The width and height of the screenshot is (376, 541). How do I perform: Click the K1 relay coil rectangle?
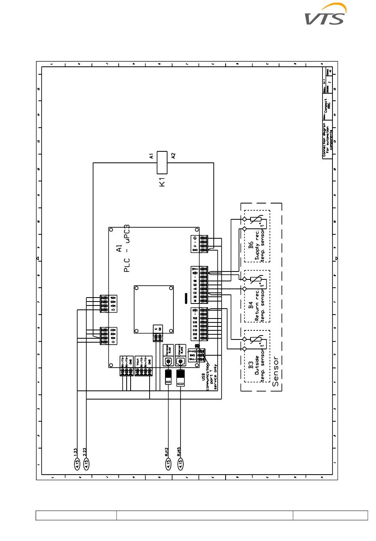pyautogui.click(x=162, y=162)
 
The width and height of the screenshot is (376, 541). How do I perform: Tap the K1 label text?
pyautogui.click(x=162, y=182)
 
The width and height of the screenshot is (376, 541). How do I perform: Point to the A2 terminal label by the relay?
pyautogui.click(x=173, y=156)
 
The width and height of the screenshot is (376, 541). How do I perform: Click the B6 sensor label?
pyautogui.click(x=251, y=245)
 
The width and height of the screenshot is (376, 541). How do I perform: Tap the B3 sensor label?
pyautogui.click(x=251, y=364)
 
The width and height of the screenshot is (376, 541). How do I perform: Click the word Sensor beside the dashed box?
pyautogui.click(x=276, y=371)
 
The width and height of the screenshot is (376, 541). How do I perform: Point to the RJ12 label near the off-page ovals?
pyautogui.click(x=167, y=452)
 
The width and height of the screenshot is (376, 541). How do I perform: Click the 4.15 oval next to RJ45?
pyautogui.click(x=180, y=464)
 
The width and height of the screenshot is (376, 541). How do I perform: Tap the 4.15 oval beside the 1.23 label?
pyautogui.click(x=78, y=464)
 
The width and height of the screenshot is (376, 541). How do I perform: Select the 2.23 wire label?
pyautogui.click(x=85, y=452)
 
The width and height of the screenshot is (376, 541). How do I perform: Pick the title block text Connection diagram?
pyautogui.click(x=324, y=140)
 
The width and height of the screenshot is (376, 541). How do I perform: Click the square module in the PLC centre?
pyautogui.click(x=154, y=309)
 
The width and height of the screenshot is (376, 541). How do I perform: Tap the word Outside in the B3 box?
pyautogui.click(x=256, y=366)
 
